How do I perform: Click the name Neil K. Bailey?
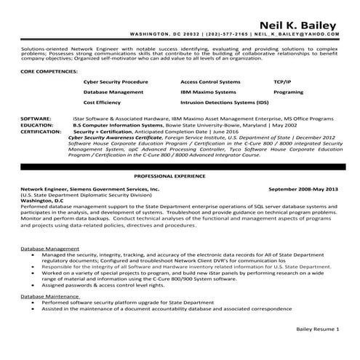click(300, 20)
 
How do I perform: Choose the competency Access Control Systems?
click(210, 83)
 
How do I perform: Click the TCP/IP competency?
click(283, 83)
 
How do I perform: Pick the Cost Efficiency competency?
click(102, 103)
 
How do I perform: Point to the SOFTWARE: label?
click(36, 118)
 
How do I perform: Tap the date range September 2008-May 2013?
click(304, 189)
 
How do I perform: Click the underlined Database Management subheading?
click(50, 249)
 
